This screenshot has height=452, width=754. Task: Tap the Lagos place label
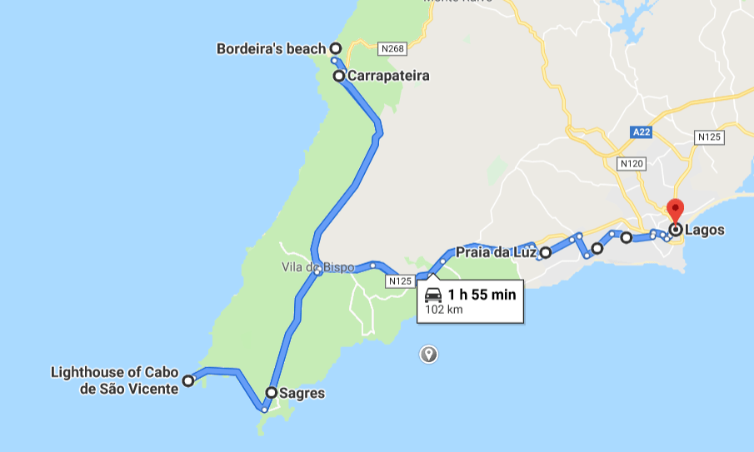coord(705,230)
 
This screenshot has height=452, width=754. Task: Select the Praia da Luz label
coord(497,251)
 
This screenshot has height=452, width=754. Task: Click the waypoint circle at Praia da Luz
coord(545,252)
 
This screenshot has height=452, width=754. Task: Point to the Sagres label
coord(302,392)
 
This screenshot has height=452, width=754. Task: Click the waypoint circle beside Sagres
coord(272,392)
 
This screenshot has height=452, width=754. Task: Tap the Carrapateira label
coord(388,76)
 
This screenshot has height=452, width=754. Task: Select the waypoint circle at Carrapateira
coord(339,76)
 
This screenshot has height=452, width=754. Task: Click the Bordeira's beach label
coord(271,48)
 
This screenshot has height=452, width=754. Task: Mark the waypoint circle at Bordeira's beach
coord(335,48)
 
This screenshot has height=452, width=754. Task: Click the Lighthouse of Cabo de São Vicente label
coord(115,380)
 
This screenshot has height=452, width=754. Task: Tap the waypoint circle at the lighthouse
coord(188,380)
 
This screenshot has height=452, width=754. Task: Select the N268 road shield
coord(392,49)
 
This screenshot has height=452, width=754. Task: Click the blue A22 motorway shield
coord(641,132)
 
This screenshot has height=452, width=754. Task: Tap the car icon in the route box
coord(433,295)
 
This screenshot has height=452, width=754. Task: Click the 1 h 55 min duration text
coord(482,294)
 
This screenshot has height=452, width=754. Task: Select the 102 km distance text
coord(443,310)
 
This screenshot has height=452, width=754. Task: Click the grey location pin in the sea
coord(429,354)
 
